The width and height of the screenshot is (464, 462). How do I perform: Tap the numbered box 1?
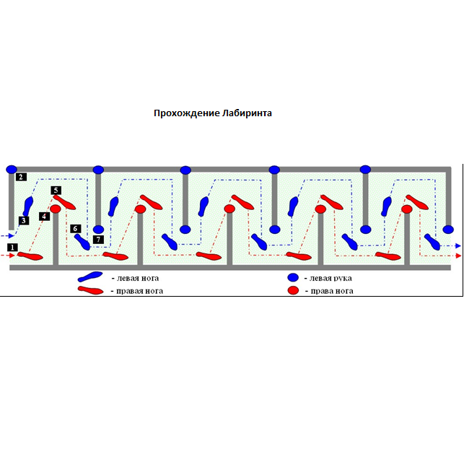[x=12, y=248]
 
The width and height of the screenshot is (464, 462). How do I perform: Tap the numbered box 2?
[x=21, y=177]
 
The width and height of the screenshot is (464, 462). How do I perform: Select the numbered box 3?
[x=24, y=220]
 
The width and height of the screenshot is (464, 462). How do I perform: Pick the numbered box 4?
[x=45, y=216]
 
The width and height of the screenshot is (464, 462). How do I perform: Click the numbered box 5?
[x=56, y=190]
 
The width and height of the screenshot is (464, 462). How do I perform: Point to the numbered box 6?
[x=75, y=229]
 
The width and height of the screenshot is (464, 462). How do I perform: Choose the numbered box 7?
[x=98, y=238]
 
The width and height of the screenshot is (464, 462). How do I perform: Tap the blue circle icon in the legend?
[x=293, y=278]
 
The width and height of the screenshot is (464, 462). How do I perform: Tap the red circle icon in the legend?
[x=293, y=291]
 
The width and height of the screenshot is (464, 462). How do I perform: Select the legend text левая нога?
[x=136, y=278]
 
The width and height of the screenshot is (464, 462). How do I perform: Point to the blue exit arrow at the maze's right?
[x=458, y=246]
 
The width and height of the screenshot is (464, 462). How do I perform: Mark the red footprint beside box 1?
[x=30, y=256]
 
